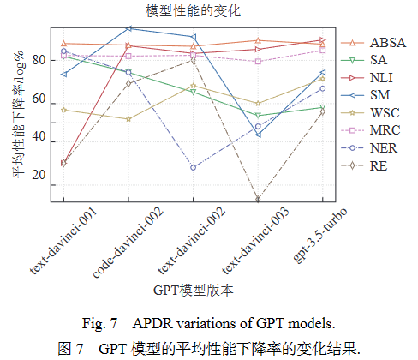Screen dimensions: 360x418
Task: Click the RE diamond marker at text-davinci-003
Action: (x=258, y=200)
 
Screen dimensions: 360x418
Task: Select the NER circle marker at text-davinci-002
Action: (x=194, y=168)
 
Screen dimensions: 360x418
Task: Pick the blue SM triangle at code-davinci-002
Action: (x=128, y=28)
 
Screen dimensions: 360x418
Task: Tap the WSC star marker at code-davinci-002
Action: (x=128, y=119)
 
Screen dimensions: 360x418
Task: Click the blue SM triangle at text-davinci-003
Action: (x=258, y=135)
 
